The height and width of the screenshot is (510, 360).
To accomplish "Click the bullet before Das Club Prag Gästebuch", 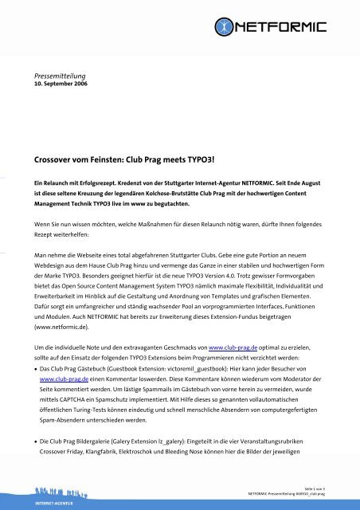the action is [25, 339].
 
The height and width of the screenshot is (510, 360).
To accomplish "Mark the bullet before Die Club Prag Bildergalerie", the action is [25, 440].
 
